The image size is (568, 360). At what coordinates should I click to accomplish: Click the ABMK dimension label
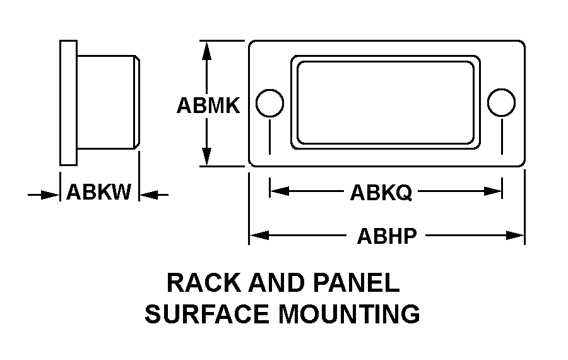click(x=208, y=105)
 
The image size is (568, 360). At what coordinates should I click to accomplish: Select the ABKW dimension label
click(x=99, y=192)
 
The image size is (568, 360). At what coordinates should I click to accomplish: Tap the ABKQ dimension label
click(x=381, y=192)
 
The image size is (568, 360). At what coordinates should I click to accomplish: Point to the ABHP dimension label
click(x=387, y=236)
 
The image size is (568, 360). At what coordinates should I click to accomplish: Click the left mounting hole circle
click(x=270, y=103)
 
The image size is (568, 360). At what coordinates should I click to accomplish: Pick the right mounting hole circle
click(x=502, y=103)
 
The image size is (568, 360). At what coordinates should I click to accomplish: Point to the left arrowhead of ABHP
click(x=256, y=236)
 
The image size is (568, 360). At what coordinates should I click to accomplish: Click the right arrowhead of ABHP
click(x=518, y=236)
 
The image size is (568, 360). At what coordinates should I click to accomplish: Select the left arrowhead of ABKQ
click(x=277, y=190)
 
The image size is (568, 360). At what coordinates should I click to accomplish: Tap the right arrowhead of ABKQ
click(x=495, y=190)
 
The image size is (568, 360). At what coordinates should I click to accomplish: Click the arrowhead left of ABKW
click(x=52, y=195)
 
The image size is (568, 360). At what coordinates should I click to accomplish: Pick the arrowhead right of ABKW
click(x=147, y=195)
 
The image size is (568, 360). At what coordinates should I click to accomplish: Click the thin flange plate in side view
click(x=68, y=102)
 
